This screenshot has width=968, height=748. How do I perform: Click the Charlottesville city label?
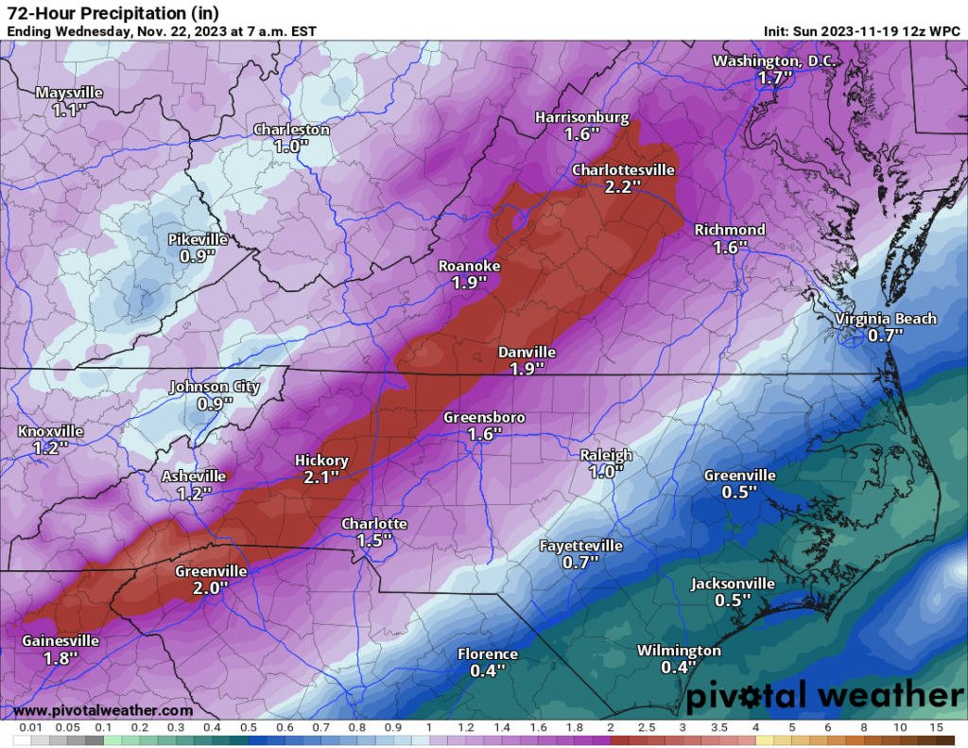623,170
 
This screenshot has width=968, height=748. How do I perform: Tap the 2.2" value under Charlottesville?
623,187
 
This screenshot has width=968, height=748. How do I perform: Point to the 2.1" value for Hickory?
321,478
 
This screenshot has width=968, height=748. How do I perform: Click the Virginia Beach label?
886,319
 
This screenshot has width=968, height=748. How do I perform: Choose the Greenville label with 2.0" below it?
211,571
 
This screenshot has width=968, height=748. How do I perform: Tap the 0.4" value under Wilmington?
678,668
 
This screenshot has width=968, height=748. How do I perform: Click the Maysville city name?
68,93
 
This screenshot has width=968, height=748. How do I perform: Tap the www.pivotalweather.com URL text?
103,710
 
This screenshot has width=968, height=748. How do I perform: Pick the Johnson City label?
214,386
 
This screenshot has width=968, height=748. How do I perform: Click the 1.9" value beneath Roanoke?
469,283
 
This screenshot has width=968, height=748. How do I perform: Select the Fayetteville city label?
580,546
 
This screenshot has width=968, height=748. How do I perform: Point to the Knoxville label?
50,431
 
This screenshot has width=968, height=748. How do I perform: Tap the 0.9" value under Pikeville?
198,255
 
